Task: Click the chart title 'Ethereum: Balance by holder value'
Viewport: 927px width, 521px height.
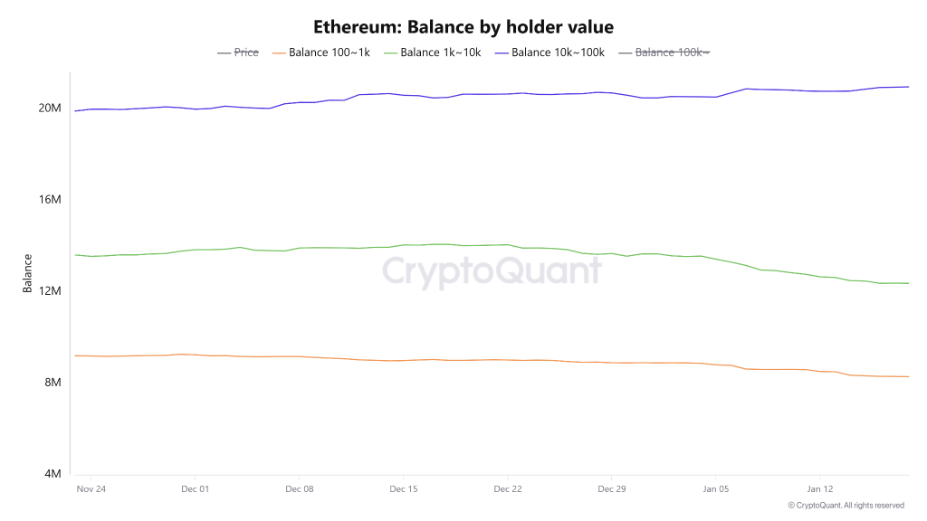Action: coord(463,27)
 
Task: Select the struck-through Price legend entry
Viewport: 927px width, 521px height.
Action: coord(238,52)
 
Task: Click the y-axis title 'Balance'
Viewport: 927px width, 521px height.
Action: coord(28,273)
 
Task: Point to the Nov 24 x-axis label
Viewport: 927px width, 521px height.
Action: coord(91,489)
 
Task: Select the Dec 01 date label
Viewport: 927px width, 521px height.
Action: coord(195,489)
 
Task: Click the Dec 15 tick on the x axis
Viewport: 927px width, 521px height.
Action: coord(403,489)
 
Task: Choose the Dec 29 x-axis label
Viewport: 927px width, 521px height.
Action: coord(611,489)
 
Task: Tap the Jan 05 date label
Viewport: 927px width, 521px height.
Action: coord(715,489)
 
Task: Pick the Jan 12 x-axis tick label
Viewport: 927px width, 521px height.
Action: coord(819,489)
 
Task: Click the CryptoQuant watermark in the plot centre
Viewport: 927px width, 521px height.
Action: coord(491,271)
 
